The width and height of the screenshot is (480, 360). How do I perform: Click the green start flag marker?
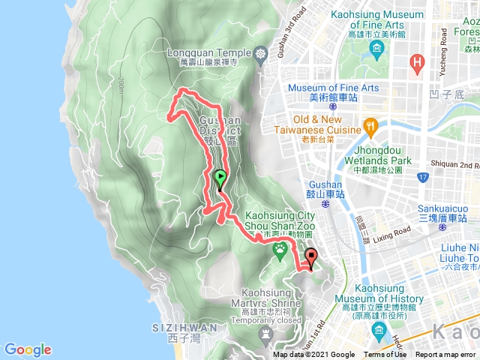pos(220,179)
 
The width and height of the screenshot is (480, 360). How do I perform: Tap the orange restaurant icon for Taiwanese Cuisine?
pos(370,125)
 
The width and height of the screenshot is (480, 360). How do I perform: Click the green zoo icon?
pos(280,250)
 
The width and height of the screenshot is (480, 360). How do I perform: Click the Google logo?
pos(28,349)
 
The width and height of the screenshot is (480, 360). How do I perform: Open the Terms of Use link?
pos(385,355)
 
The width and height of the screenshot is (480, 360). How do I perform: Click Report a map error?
pos(445,355)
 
